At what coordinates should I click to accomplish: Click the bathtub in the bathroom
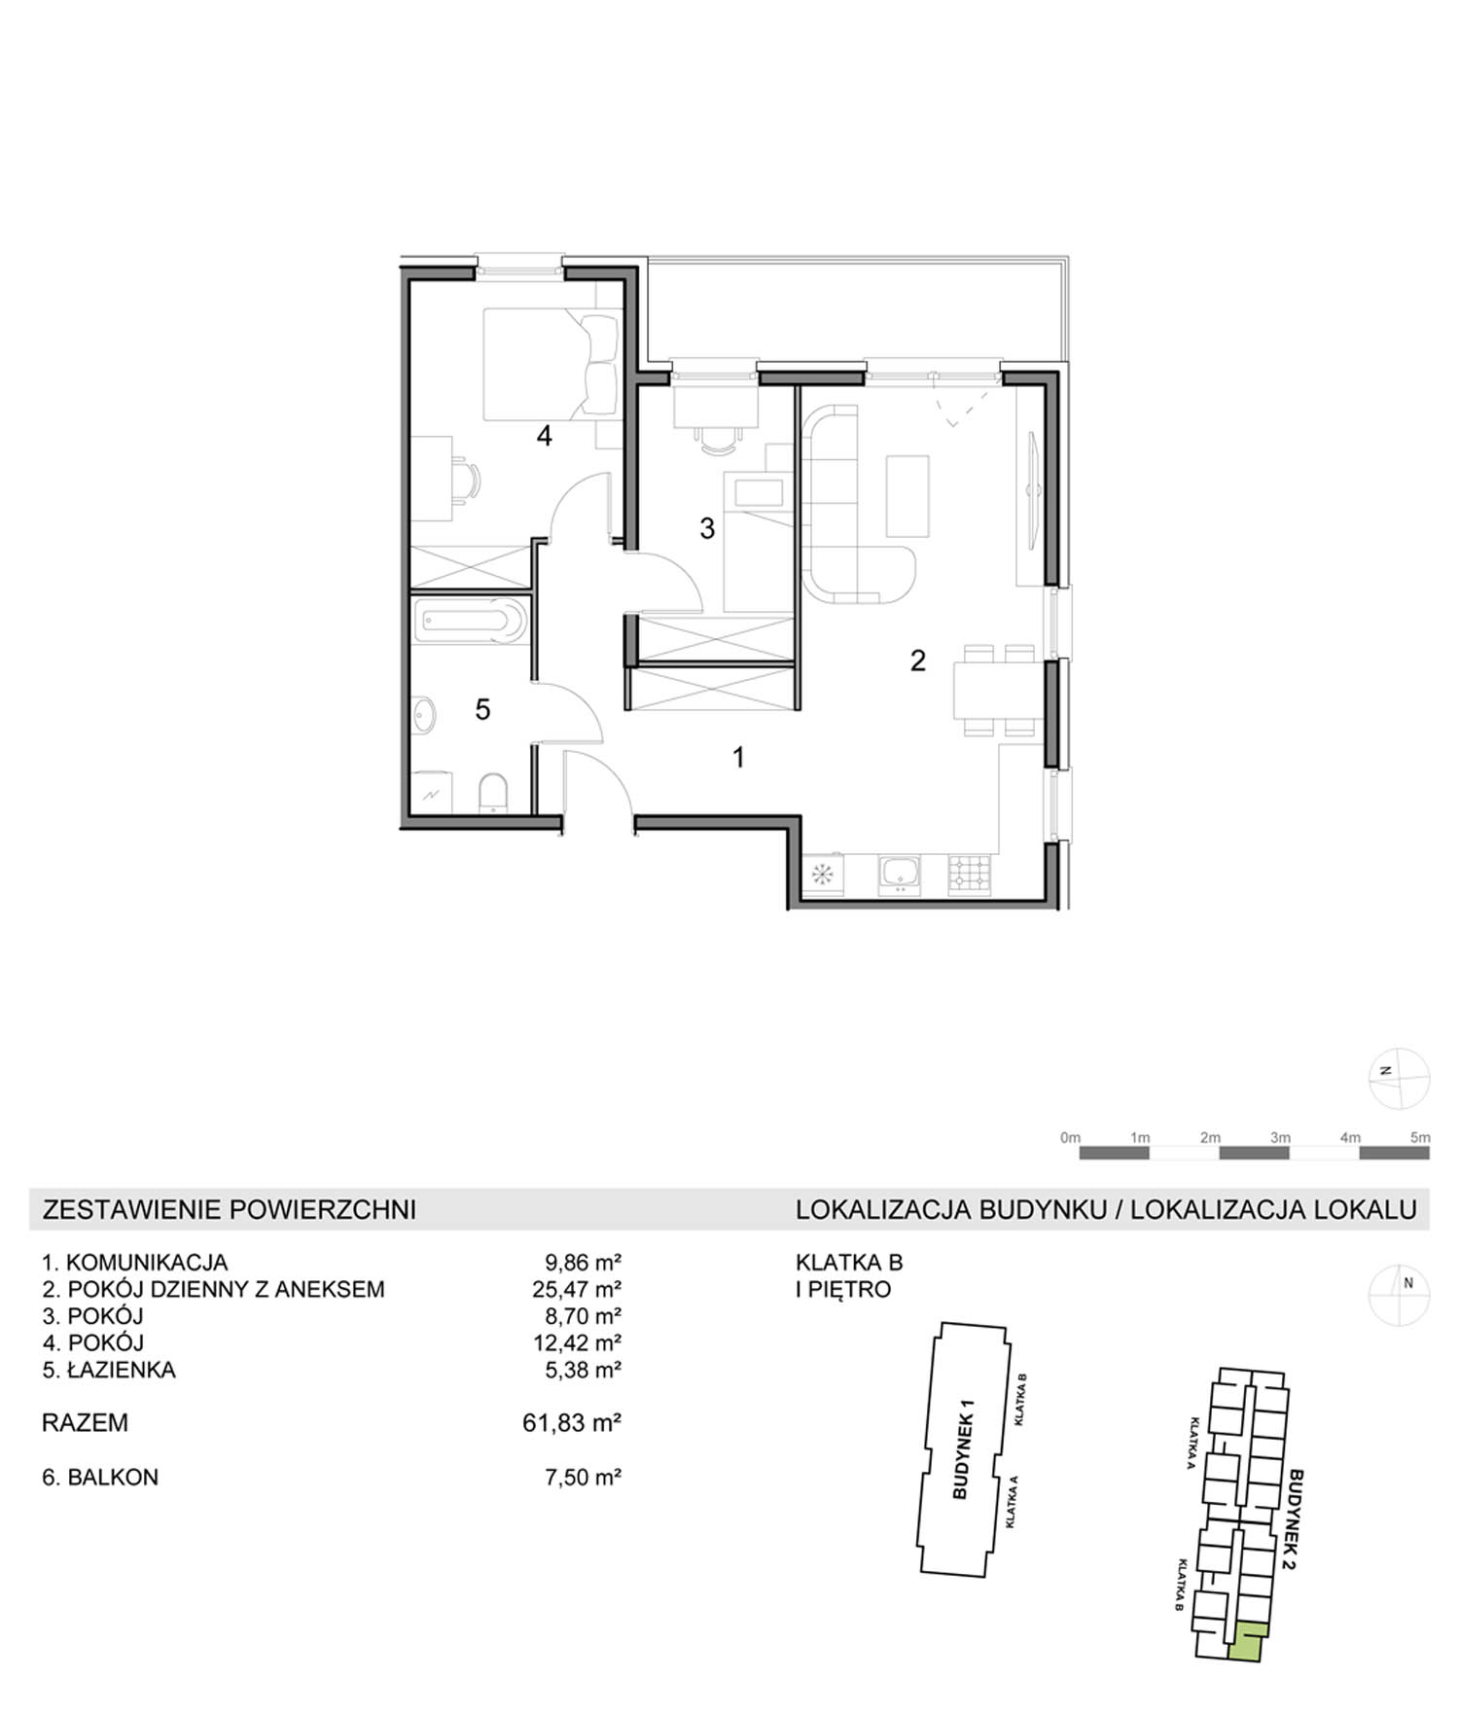[x=471, y=621]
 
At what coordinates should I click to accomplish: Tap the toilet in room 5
[x=493, y=793]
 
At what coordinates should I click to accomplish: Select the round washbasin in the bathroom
[x=424, y=715]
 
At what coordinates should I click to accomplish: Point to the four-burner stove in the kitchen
[x=970, y=874]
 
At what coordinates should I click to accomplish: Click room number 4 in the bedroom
[x=545, y=436]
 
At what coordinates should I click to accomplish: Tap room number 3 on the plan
[x=707, y=528]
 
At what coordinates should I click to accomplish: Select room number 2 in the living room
[x=918, y=661]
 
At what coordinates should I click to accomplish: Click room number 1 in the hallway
[x=739, y=757]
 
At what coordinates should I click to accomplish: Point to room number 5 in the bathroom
[x=482, y=709]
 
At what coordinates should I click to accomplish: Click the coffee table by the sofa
[x=907, y=495]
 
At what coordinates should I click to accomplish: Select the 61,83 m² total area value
[x=572, y=1423]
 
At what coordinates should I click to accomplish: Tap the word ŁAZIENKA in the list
[x=122, y=1370]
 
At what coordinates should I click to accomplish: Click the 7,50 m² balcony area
[x=583, y=1477]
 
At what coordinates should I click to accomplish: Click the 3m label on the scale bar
[x=1280, y=1137]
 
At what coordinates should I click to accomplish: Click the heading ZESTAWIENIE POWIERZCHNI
[x=230, y=1209]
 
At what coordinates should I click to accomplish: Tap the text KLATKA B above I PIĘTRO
[x=849, y=1263]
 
